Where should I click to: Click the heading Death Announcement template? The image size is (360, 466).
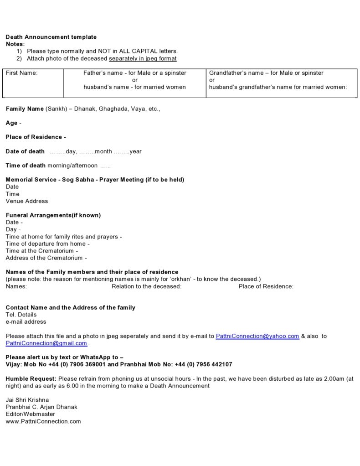click(x=51, y=37)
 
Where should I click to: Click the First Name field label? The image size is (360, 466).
click(x=21, y=73)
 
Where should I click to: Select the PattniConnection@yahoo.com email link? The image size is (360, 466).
click(x=257, y=336)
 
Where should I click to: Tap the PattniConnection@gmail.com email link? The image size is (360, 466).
click(x=46, y=343)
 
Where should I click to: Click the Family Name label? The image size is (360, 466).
click(x=25, y=109)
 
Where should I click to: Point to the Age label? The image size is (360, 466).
click(x=12, y=123)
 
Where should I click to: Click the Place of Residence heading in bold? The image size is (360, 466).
click(x=36, y=137)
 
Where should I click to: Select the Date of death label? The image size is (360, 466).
click(x=25, y=151)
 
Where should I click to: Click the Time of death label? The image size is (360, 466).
click(x=26, y=166)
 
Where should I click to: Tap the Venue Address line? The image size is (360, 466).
click(x=26, y=201)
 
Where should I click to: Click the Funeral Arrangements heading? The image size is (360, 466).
click(x=53, y=215)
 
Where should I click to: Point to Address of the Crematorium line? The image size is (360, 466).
click(x=44, y=258)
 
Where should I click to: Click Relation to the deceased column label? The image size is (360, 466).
click(x=146, y=286)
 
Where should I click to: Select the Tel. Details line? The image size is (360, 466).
click(x=21, y=315)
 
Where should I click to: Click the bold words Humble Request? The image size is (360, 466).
click(x=31, y=378)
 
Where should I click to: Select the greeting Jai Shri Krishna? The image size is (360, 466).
click(x=27, y=400)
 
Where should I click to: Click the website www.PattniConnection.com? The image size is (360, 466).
click(x=43, y=421)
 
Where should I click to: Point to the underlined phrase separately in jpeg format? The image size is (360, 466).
click(x=143, y=59)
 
